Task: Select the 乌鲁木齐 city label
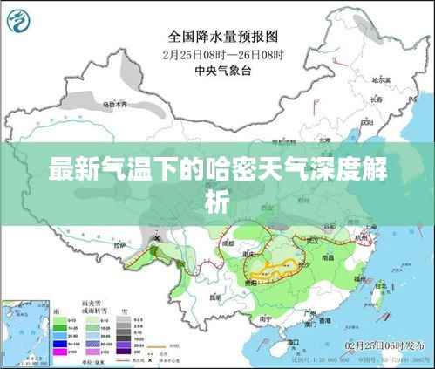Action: tap(115, 105)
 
